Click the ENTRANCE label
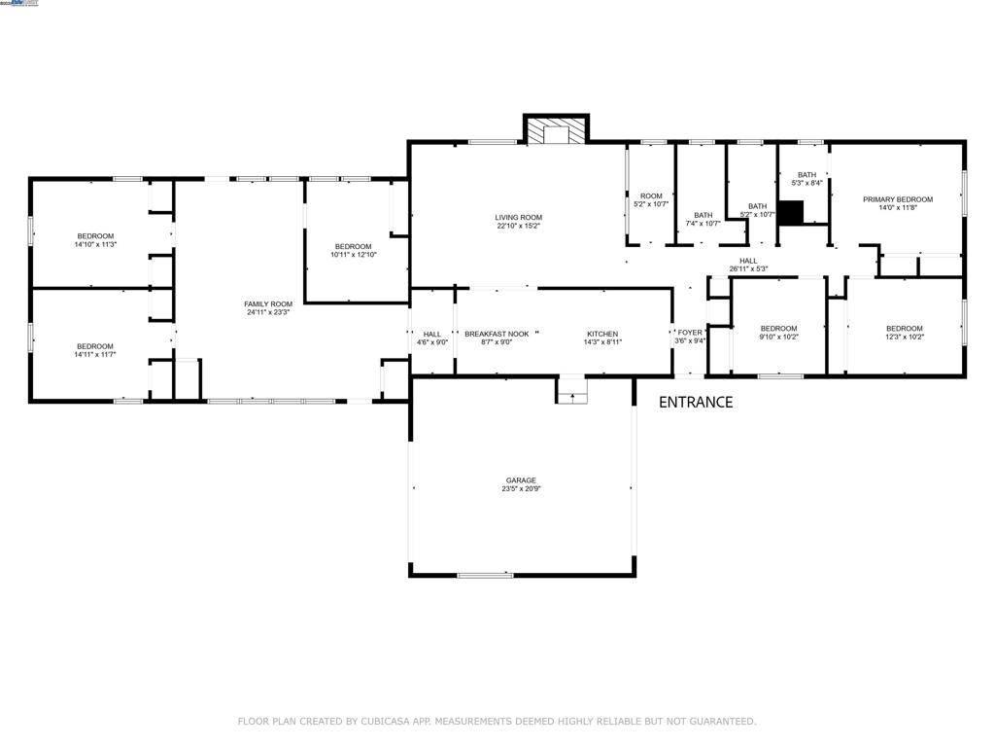pos(696,402)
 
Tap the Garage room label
pos(521,480)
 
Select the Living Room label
pos(518,218)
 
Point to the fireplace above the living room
pos(557,132)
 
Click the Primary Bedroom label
pos(898,199)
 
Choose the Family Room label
pos(268,304)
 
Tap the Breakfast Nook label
pos(497,334)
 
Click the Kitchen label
pos(602,334)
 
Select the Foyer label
pos(690,333)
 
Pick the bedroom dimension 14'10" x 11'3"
pos(95,244)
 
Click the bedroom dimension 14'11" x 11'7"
pos(95,355)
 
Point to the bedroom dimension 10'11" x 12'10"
pos(354,255)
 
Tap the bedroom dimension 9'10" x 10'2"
pos(778,337)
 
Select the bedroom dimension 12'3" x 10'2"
pos(905,337)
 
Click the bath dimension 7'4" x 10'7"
pos(703,224)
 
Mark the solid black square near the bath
pos(793,213)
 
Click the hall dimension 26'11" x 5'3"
pos(748,269)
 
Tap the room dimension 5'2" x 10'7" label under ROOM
pos(651,204)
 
